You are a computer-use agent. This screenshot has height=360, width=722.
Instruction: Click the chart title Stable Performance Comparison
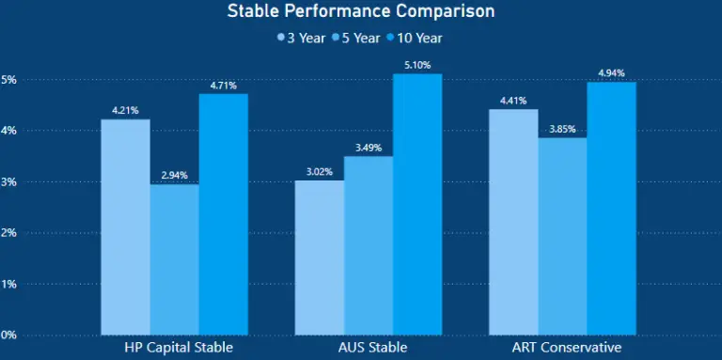[361, 12]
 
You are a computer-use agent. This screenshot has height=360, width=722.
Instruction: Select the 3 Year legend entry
[301, 39]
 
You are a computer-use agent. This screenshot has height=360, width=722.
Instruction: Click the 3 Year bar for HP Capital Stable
[125, 227]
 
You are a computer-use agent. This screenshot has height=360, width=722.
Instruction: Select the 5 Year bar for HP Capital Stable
[174, 258]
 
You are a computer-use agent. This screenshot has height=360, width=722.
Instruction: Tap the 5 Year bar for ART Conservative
[563, 236]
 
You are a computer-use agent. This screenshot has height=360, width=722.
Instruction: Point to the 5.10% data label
[417, 66]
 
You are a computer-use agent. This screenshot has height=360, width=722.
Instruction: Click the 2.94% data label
[174, 176]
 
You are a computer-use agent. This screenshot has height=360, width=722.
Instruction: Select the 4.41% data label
[514, 101]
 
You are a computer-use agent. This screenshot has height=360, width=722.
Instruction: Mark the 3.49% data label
[369, 148]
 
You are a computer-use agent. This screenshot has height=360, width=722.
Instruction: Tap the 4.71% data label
[223, 86]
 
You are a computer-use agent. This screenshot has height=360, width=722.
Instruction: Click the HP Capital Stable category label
[179, 347]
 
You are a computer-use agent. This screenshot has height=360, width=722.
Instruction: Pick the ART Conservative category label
[563, 347]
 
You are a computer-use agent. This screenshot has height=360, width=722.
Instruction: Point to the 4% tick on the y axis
[8, 131]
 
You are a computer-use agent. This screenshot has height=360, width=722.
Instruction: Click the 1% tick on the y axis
[8, 284]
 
